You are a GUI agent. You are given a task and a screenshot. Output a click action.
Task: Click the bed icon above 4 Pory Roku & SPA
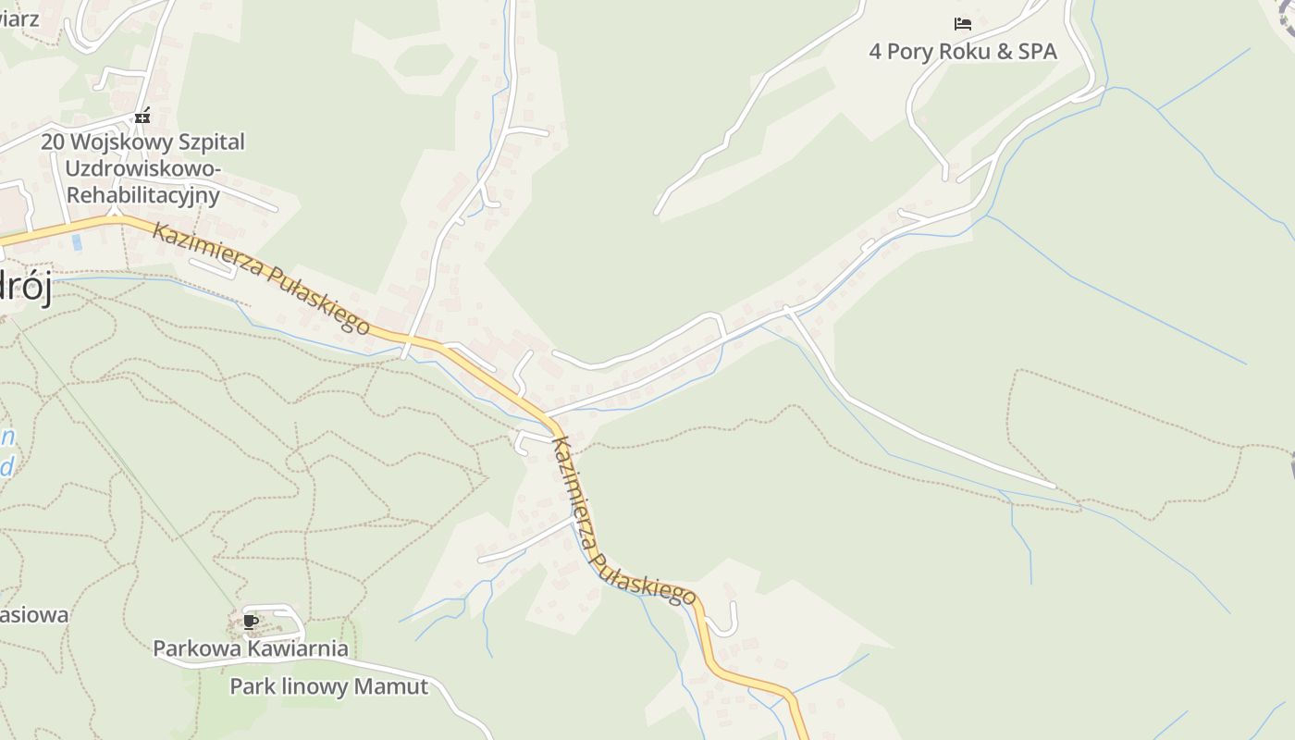(963, 24)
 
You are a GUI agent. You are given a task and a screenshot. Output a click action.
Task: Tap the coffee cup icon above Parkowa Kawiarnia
(250, 622)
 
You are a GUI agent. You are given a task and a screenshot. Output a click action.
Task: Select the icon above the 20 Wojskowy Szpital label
(142, 116)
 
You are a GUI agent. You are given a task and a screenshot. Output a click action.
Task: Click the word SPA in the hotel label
(1037, 51)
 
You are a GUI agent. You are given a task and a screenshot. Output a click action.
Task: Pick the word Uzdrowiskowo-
(142, 169)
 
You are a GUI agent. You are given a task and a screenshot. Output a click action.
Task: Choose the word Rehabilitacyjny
(142, 195)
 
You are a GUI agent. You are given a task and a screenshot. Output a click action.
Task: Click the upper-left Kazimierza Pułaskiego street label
(261, 277)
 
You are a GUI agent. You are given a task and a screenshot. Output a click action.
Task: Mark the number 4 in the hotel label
(875, 51)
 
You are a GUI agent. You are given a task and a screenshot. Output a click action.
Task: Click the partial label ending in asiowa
(33, 615)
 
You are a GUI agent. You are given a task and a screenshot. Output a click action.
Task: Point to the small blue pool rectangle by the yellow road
(77, 242)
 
